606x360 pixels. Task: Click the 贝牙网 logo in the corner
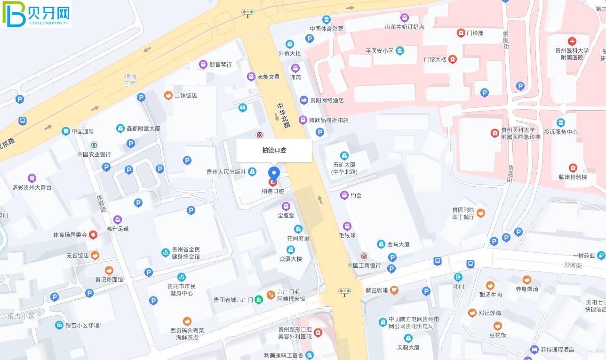[x=36, y=14]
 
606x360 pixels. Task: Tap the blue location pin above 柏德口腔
[x=274, y=173]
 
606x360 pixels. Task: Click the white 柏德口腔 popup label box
[x=274, y=151]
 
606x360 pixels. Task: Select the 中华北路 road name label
[x=283, y=116]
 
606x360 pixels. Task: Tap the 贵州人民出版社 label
[x=226, y=172]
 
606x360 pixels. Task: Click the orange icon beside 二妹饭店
[x=168, y=96]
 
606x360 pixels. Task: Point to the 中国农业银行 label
[x=94, y=154]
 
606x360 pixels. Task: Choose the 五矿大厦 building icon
[x=344, y=155]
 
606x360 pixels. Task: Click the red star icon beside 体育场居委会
[x=93, y=234]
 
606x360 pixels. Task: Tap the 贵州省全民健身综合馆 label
[x=186, y=253]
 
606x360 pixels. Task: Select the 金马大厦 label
[x=398, y=244]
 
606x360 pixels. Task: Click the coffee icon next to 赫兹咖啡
[x=394, y=290]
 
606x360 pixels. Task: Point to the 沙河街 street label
[x=573, y=265]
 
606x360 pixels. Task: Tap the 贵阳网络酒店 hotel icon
[x=304, y=100]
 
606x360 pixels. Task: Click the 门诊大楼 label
[x=435, y=60]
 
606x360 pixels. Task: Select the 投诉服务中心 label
[x=560, y=132]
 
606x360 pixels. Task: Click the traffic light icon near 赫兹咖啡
[x=344, y=291]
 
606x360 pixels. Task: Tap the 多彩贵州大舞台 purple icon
[x=32, y=178]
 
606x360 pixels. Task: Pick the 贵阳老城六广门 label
[x=233, y=300]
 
